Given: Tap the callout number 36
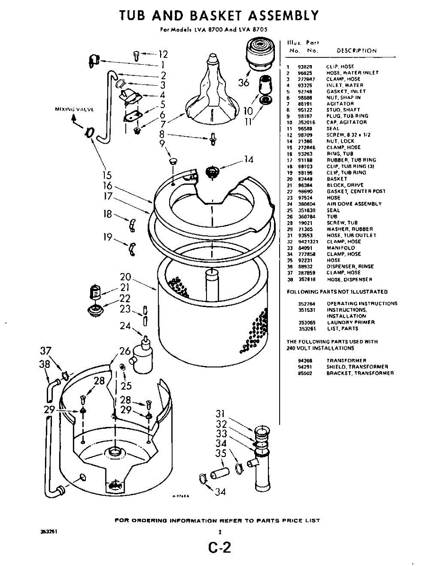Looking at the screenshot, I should [244, 83].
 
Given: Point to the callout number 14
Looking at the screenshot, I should [249, 160].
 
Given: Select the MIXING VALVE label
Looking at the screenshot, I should [75, 109].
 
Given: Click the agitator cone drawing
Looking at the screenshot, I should [212, 92].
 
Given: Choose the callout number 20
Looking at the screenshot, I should [125, 277].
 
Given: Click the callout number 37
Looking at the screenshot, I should [45, 351].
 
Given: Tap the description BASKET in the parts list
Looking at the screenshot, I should [337, 179].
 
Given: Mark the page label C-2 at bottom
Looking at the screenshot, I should [220, 549].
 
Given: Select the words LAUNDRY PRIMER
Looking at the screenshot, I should [351, 322].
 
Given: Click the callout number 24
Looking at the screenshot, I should [125, 326].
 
